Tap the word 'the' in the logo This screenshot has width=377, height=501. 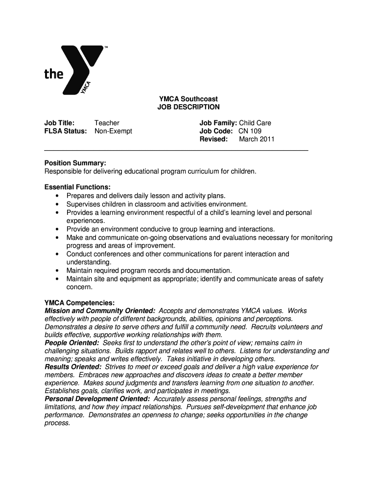54,74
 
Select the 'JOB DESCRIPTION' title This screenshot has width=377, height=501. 188,107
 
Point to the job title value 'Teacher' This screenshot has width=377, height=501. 107,123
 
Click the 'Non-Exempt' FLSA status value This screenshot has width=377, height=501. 113,131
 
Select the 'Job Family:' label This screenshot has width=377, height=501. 218,123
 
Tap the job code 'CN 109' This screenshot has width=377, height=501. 250,131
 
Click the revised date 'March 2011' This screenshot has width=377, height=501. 257,139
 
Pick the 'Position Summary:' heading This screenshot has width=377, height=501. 75,163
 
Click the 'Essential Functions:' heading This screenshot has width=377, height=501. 77,187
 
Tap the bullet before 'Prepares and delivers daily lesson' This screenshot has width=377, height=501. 57,196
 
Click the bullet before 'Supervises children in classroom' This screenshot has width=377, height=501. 57,204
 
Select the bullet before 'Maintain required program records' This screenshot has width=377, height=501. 57,271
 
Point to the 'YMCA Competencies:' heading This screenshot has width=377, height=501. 79,303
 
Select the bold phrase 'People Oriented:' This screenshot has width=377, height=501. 71,343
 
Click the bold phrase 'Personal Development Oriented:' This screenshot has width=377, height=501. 97,399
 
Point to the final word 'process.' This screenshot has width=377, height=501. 57,423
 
